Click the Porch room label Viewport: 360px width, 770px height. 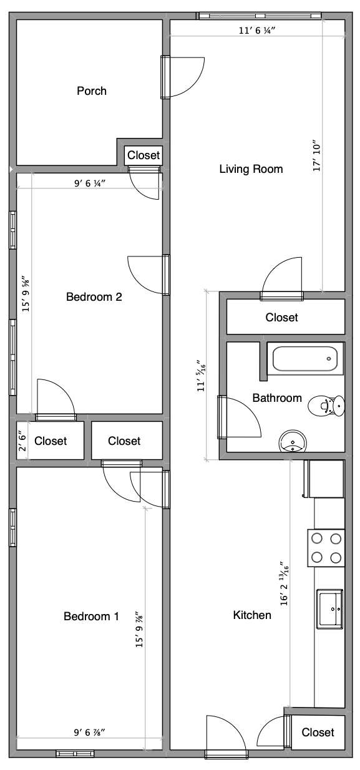coord(92,91)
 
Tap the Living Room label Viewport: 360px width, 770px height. coord(251,169)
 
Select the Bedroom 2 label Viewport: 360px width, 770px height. coord(94,296)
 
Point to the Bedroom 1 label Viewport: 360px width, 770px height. coord(91,616)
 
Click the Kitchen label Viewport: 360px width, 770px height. coord(252,615)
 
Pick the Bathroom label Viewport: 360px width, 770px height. coord(277,398)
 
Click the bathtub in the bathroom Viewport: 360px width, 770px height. coord(305,359)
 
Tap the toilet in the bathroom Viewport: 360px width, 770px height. coord(326,406)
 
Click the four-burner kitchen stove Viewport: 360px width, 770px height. coord(326,548)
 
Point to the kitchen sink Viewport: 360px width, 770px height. coord(330,609)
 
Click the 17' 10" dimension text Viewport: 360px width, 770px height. coord(317,156)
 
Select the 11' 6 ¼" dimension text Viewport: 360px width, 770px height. coord(257,31)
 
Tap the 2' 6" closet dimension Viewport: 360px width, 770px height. coord(22,441)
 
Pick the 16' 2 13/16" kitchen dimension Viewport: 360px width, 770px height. coord(284,583)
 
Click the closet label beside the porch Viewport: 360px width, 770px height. coord(144,155)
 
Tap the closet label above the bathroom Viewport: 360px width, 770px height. coord(281,317)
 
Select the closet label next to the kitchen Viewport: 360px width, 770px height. coord(318,733)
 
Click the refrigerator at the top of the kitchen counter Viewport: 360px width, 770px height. coord(324,479)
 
